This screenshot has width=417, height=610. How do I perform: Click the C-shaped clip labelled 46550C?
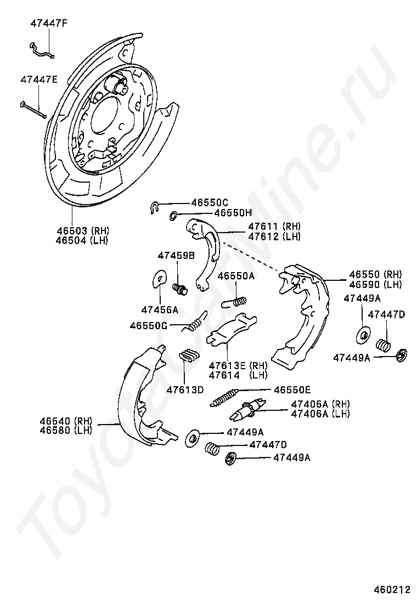[155, 206]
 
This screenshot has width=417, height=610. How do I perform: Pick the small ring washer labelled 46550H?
[173, 215]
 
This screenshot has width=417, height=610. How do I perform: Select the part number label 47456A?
[159, 310]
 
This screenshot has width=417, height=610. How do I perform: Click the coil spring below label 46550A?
[234, 301]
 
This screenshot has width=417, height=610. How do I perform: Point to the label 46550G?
[148, 325]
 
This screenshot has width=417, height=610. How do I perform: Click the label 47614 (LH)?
[238, 375]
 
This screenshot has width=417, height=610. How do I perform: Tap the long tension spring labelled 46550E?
[224, 397]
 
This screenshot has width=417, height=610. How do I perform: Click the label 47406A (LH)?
[320, 414]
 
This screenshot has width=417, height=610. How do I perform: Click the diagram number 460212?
[392, 590]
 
